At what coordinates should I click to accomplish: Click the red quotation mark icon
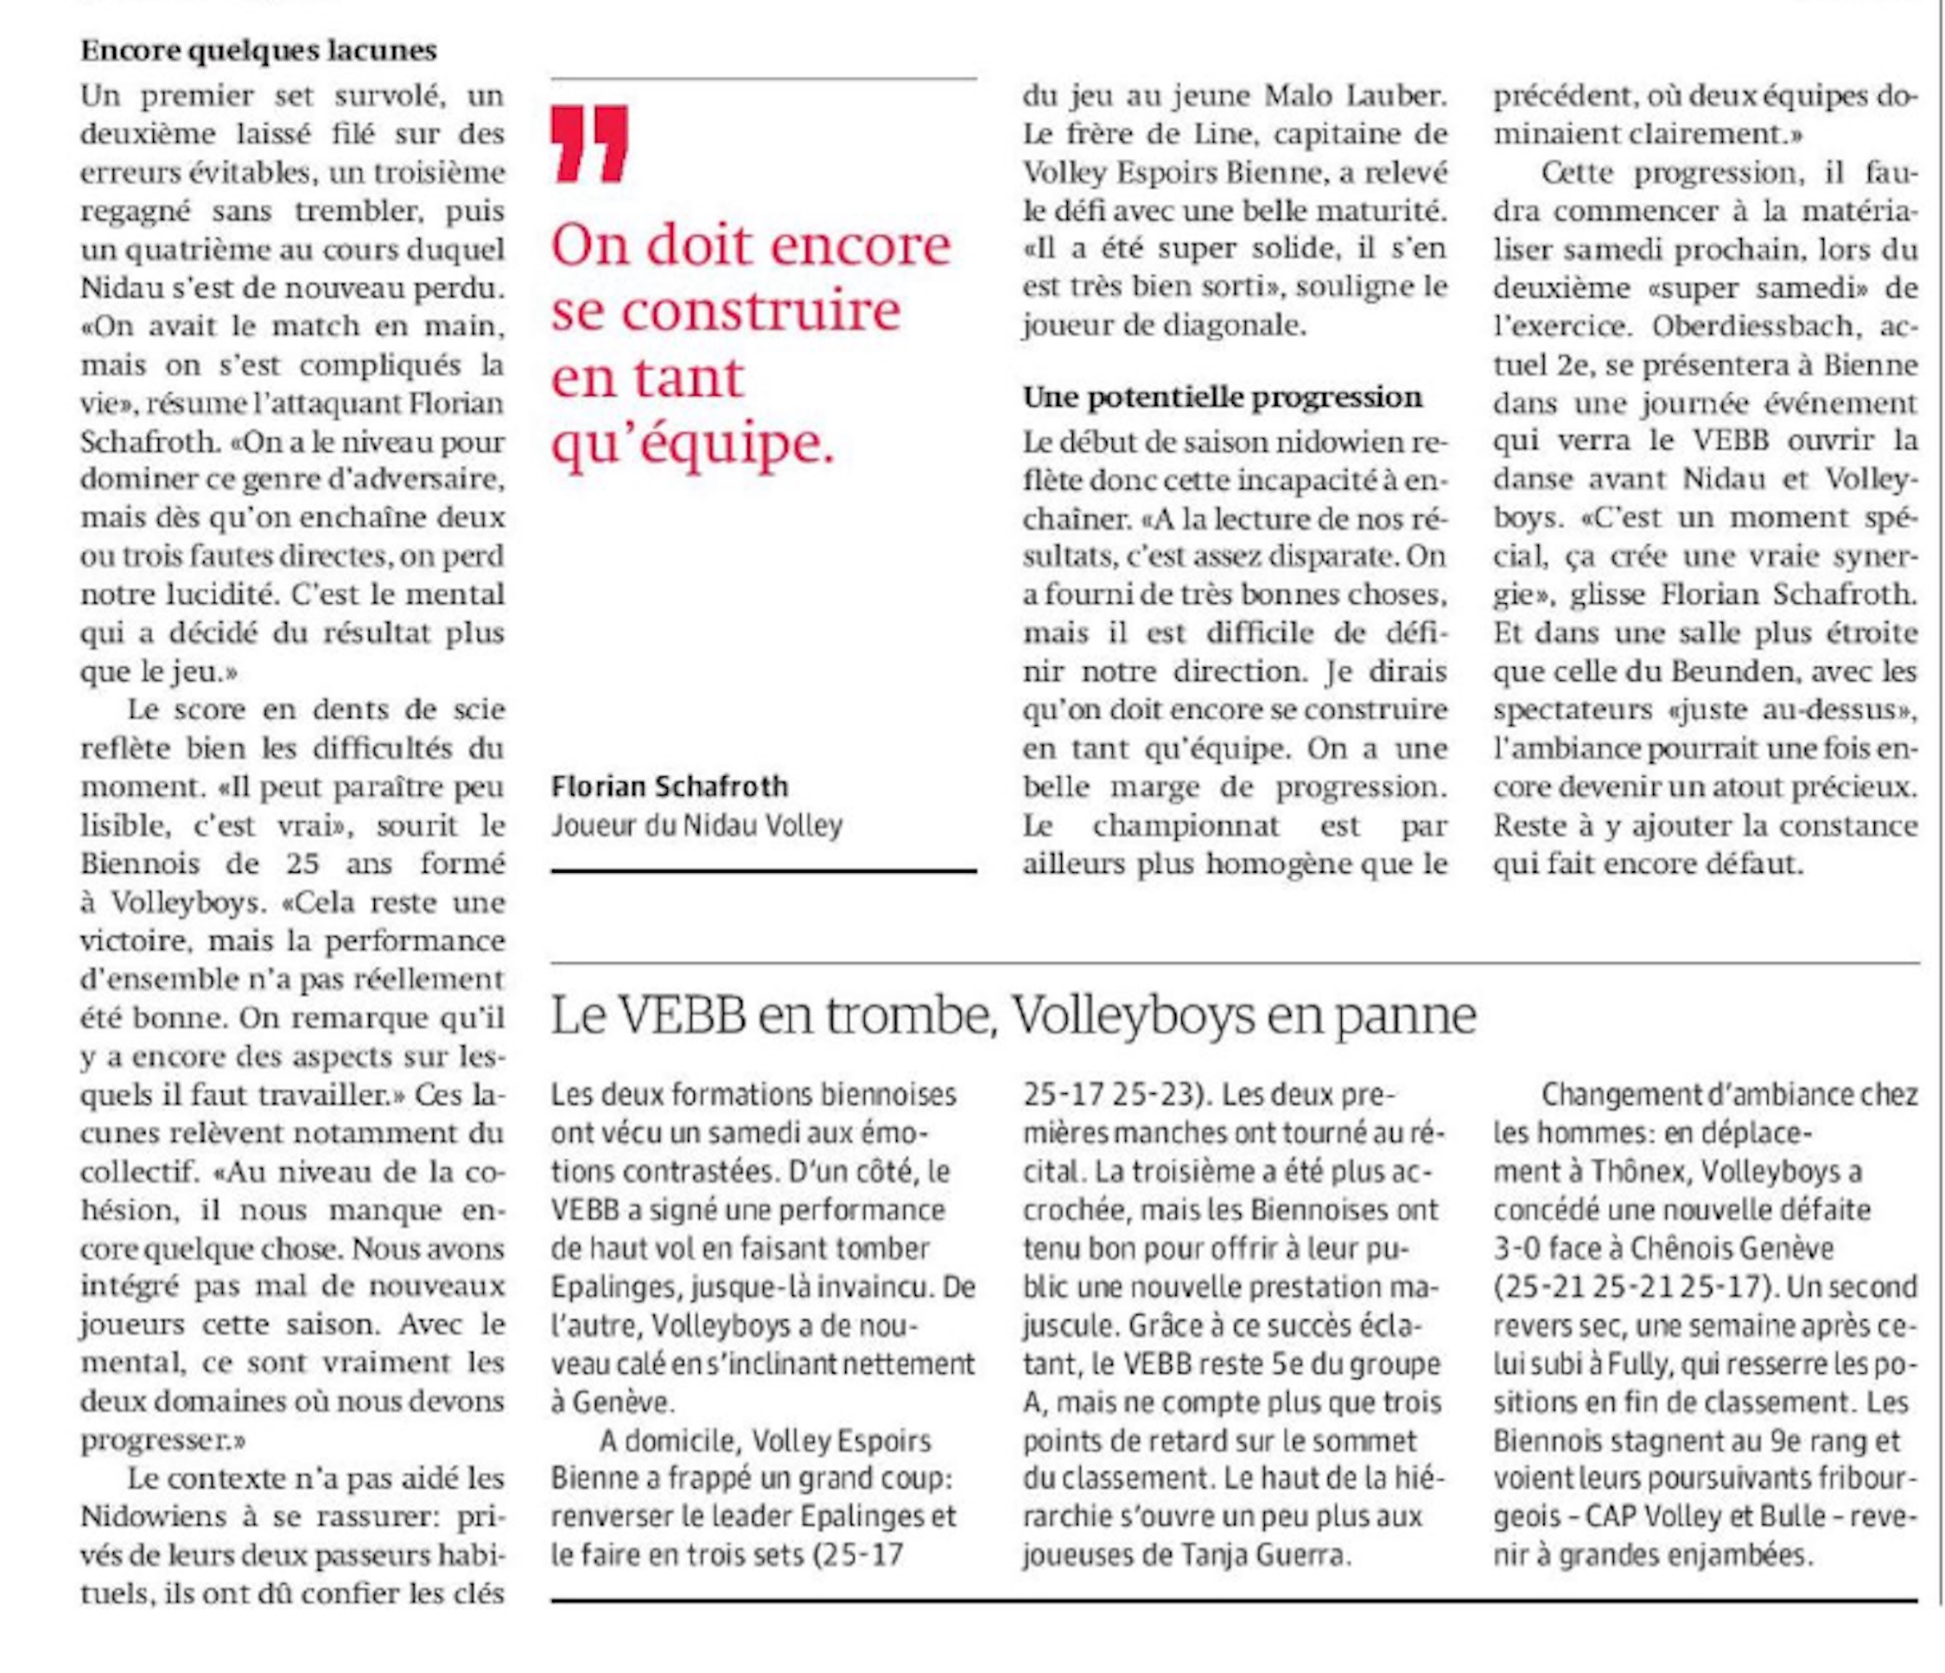[589, 143]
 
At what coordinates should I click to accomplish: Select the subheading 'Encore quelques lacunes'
[258, 51]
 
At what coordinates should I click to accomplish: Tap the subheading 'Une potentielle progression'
[1222, 398]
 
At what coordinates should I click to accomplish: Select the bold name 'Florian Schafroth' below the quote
[670, 786]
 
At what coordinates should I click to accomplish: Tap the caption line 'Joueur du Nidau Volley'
[696, 825]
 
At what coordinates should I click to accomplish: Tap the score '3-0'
[1517, 1249]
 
